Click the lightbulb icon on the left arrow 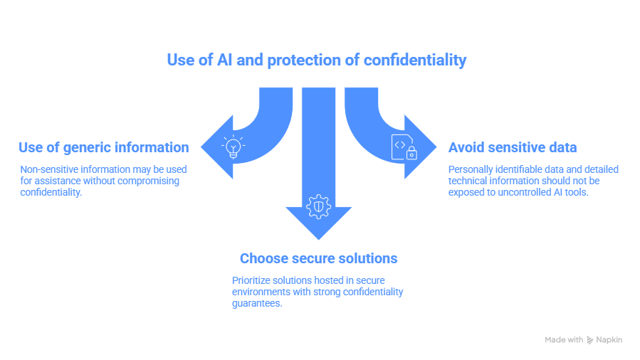pos(233,147)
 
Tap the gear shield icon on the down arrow pos(318,206)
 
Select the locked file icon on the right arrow pos(404,147)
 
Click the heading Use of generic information pos(103,148)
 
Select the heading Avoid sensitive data pos(512,148)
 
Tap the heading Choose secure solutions pos(318,258)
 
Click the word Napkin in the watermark pos(609,340)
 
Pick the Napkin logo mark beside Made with pos(589,340)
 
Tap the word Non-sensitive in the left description pos(49,169)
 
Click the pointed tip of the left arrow pos(201,148)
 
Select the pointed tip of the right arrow pos(436,148)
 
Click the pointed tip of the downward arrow pos(318,239)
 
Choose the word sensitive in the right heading pos(515,148)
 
